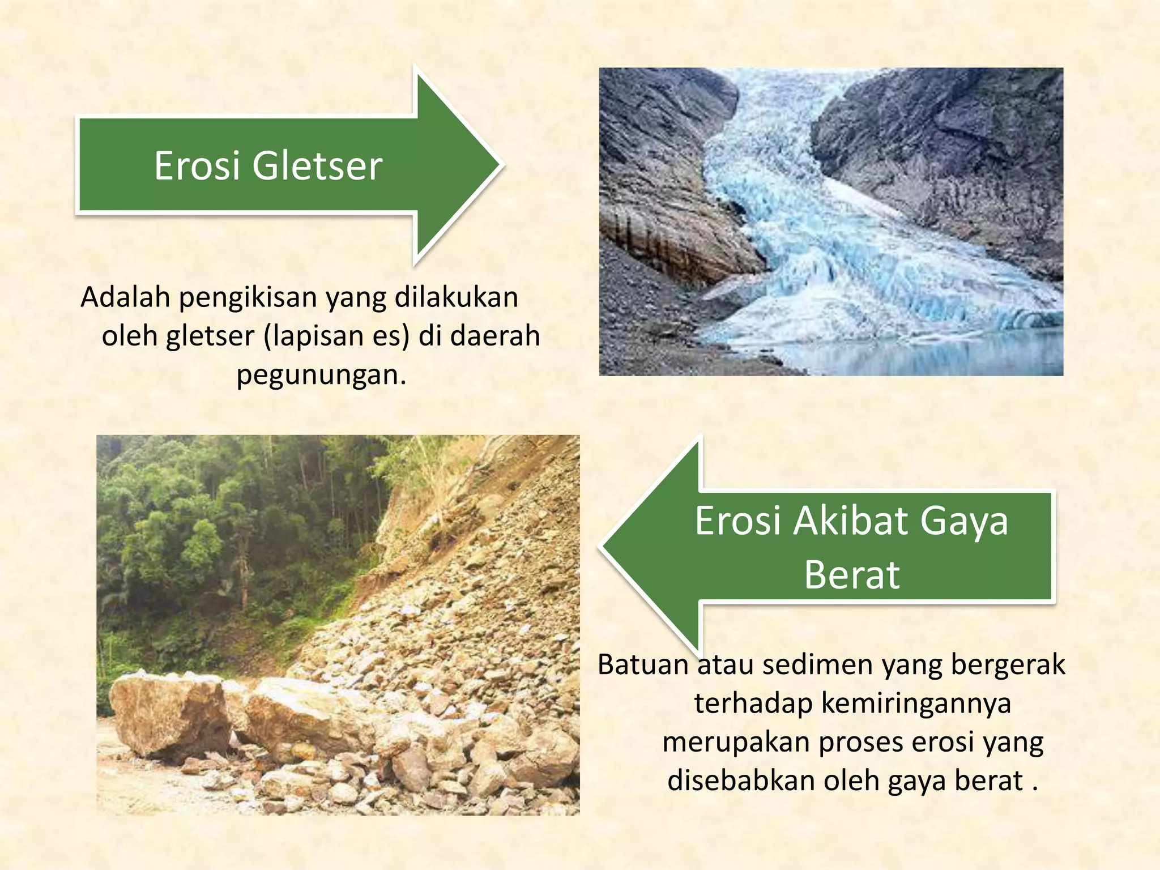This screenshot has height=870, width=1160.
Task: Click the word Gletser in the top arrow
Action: tap(317, 166)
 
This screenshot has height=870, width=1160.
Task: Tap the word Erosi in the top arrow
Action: tap(195, 166)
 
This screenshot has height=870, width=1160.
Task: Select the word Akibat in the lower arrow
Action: tap(850, 521)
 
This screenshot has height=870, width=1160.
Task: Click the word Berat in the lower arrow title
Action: tap(851, 575)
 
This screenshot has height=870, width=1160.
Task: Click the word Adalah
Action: tap(125, 297)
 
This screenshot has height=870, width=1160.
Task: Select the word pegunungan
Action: tap(321, 375)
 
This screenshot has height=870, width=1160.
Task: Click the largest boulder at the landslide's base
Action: tap(170, 714)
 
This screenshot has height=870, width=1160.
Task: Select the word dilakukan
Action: tap(456, 297)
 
